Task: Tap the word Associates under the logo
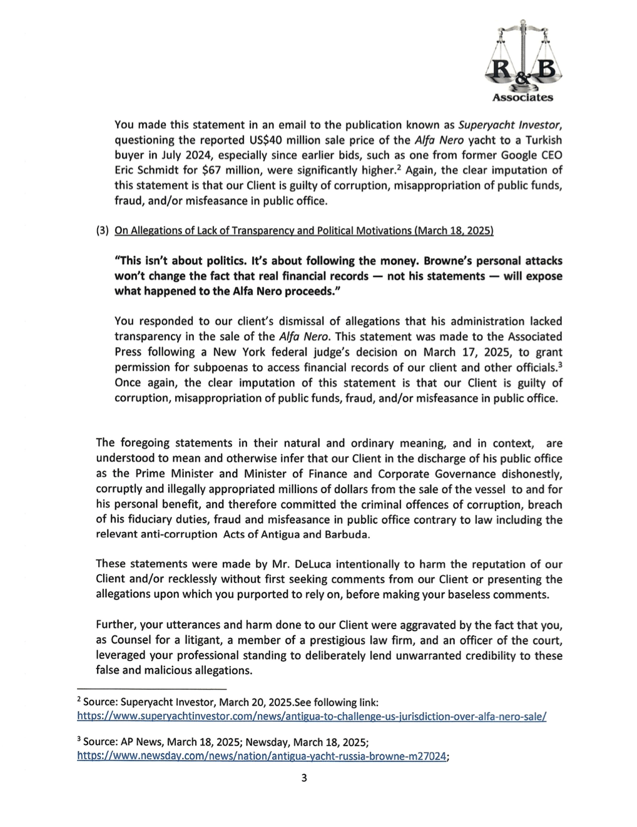click(x=522, y=98)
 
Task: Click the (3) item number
click(x=102, y=231)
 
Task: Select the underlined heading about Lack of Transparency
click(x=304, y=231)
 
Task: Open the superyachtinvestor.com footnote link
click(x=311, y=716)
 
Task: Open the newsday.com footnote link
click(x=261, y=756)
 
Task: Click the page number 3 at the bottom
click(x=304, y=779)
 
